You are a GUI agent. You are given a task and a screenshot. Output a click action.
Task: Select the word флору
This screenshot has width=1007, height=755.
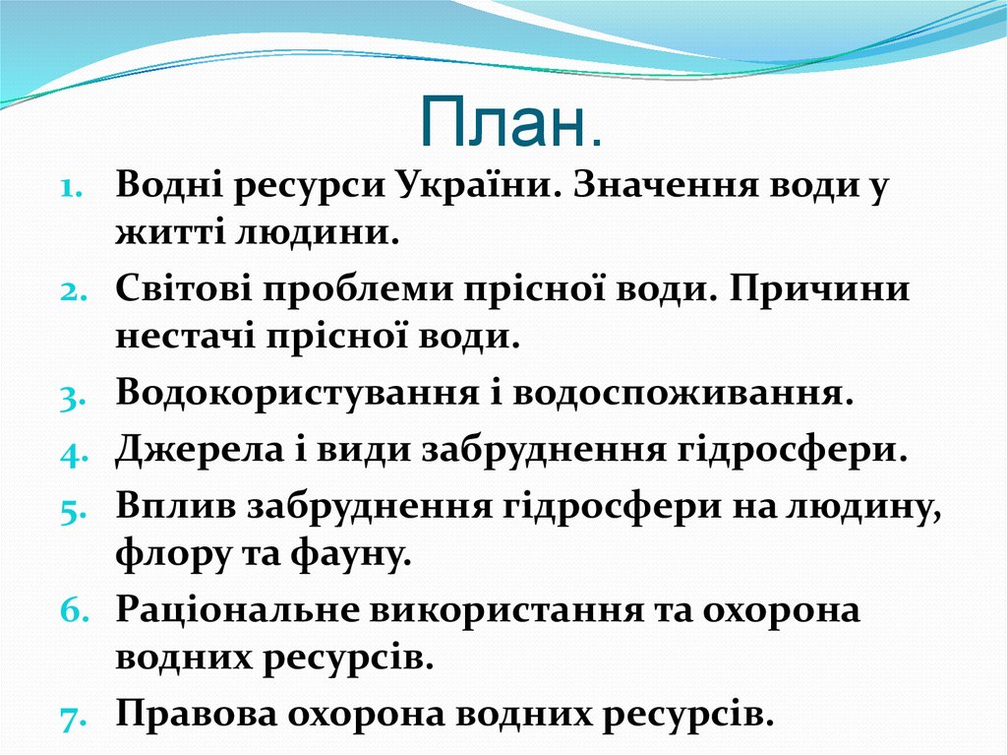(166, 554)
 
